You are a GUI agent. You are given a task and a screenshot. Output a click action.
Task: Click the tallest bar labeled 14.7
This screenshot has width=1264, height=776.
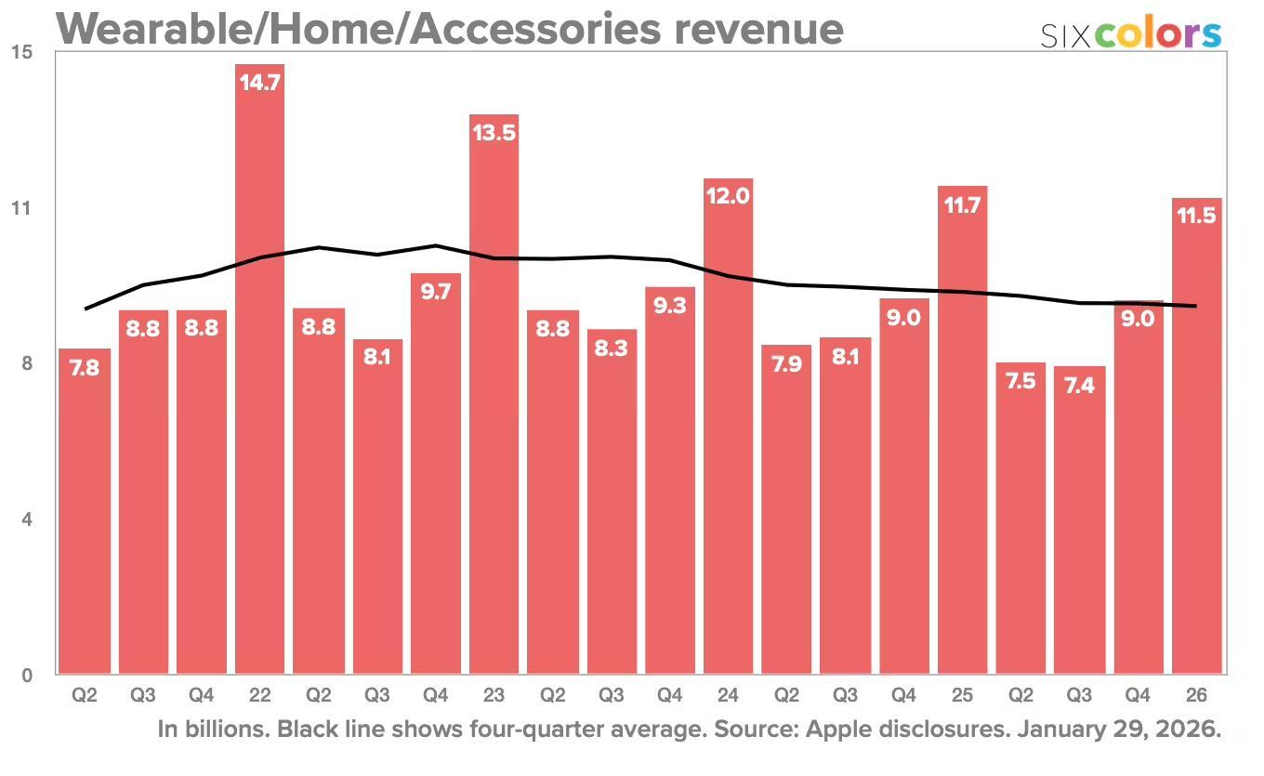[259, 372]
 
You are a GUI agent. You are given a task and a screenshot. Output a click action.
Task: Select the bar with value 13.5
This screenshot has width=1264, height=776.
[494, 400]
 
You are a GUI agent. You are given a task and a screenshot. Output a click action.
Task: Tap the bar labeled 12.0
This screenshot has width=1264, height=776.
[728, 427]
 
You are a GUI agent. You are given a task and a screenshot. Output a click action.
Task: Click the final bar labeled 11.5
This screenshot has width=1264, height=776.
[1196, 437]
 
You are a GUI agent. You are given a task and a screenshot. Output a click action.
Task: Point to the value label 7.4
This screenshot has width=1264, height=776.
[1079, 385]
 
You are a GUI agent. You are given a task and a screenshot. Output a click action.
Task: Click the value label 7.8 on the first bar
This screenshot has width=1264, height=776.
[84, 368]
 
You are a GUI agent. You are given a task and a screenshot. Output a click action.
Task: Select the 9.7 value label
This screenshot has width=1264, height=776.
[435, 292]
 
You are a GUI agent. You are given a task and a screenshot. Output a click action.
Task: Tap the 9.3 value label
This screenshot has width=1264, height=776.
[669, 306]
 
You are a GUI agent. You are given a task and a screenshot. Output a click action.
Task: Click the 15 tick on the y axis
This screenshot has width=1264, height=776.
[20, 52]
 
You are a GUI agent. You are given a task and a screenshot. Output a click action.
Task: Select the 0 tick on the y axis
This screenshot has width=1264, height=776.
[26, 676]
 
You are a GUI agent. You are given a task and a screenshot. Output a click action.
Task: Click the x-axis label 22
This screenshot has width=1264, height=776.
[259, 694]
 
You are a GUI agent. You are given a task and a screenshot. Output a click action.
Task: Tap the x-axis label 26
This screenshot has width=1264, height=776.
[1196, 694]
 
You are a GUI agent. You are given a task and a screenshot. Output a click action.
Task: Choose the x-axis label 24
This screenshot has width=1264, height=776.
[728, 694]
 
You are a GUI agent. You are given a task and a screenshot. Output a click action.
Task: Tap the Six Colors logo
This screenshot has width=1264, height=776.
[1130, 33]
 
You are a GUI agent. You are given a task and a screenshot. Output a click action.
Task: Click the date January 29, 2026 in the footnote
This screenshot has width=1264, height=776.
[1119, 730]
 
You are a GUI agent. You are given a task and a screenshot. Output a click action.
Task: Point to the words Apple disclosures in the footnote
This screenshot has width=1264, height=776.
[907, 730]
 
